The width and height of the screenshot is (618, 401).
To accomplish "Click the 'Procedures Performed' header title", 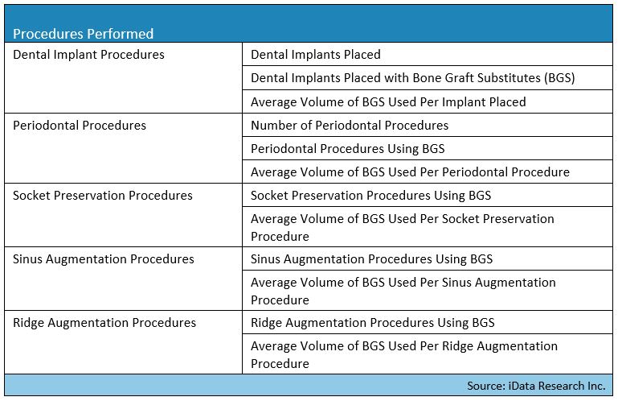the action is tap(83, 34).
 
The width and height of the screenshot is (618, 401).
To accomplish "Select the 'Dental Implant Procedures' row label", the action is tap(88, 55).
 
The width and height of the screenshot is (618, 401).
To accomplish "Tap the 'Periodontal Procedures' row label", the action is tap(80, 126).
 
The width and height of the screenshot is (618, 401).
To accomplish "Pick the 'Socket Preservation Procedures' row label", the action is tap(103, 195).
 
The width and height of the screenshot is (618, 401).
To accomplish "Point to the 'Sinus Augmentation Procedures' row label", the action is tap(103, 258).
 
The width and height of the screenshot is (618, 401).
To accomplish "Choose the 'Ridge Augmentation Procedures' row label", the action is tap(104, 322).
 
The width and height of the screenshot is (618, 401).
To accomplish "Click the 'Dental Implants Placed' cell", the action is tap(316, 55).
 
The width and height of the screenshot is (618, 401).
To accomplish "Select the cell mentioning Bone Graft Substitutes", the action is tap(413, 78).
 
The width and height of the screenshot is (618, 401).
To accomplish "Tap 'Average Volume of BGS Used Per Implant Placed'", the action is tap(388, 102).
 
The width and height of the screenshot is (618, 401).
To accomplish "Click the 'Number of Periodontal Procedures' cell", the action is tap(350, 126).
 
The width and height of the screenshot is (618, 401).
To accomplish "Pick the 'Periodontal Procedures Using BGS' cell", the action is tap(348, 148).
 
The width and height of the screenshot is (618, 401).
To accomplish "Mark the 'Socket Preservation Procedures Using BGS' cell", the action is tap(370, 195).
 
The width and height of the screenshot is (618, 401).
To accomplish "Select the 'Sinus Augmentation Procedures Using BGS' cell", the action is tap(371, 258).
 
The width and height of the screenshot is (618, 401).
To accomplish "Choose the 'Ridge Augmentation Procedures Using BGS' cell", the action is tap(373, 322).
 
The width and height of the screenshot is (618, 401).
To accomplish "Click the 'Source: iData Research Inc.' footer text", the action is tap(536, 386).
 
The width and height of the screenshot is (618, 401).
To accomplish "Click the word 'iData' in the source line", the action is tap(522, 386).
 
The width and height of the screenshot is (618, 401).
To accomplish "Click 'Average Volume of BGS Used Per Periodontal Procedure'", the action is tap(411, 172).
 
